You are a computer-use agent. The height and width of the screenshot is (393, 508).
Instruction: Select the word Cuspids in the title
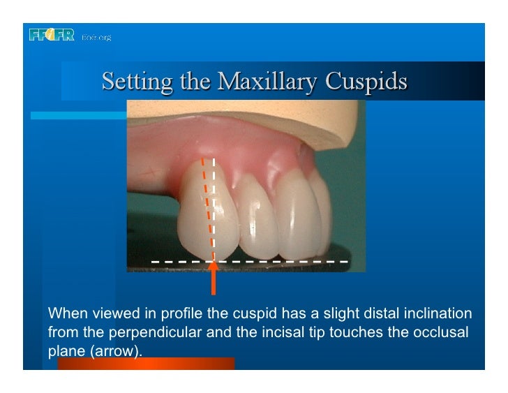tap(367, 82)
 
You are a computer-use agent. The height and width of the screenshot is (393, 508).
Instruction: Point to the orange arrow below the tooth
tap(213, 279)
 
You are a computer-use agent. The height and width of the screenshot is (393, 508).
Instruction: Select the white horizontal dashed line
tap(279, 262)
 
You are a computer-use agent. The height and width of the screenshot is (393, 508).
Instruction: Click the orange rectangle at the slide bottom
tap(146, 364)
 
